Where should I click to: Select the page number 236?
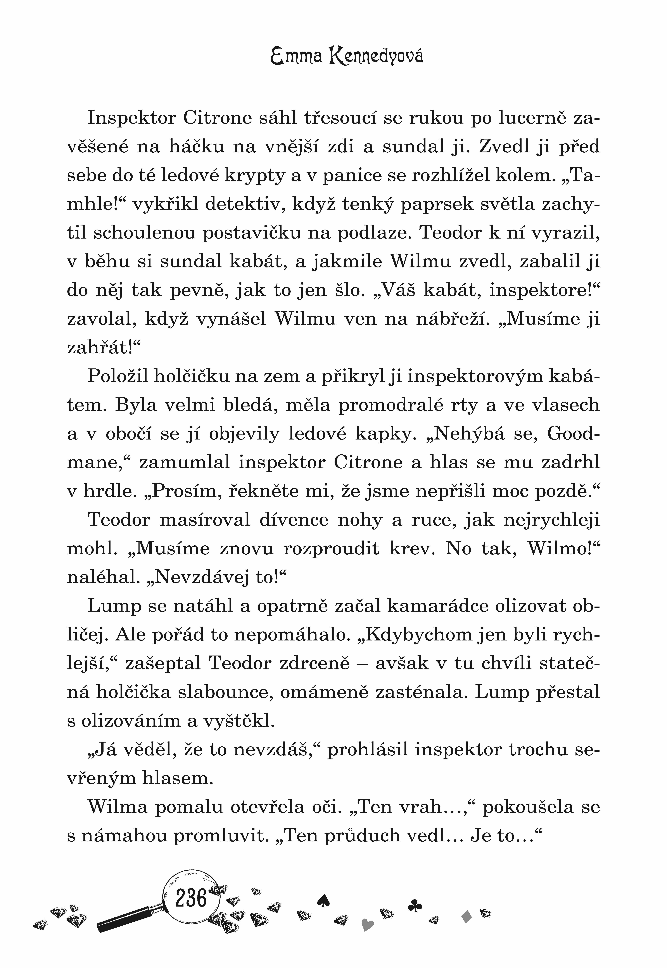point(191,898)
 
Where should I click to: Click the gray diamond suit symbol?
point(467,917)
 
